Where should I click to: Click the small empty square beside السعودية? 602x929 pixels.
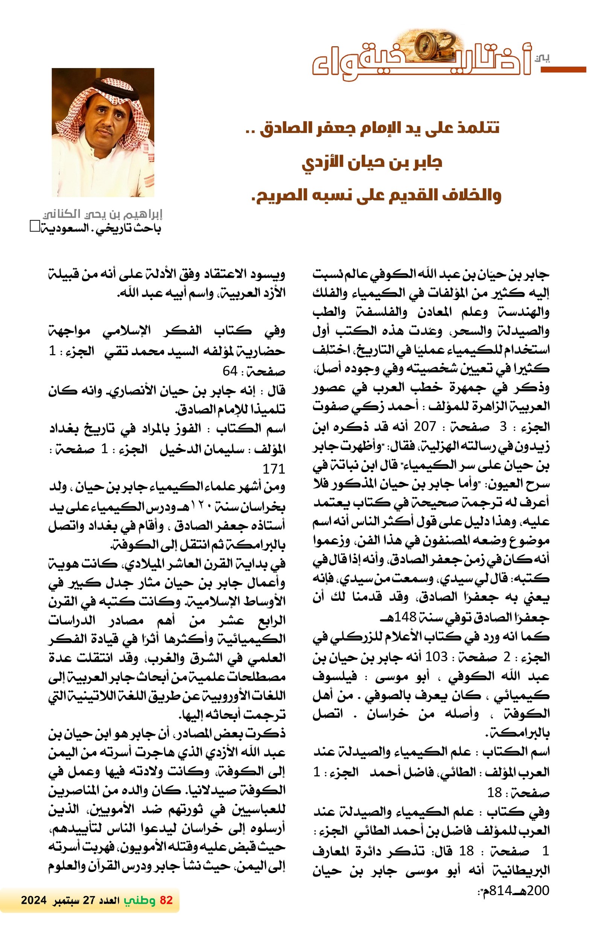[34, 226]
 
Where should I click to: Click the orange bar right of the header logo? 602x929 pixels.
[563, 70]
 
